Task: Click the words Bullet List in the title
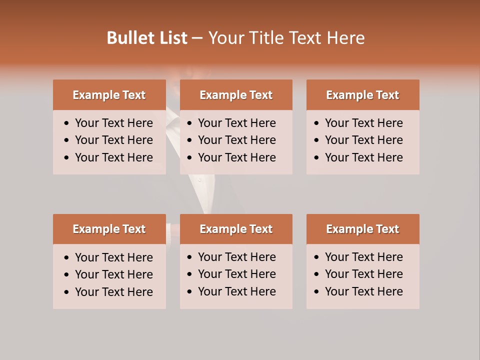tap(147, 38)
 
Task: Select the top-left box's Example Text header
tap(109, 95)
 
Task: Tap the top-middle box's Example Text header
tap(236, 95)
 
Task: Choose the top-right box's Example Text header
tap(362, 95)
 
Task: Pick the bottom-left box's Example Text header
tap(109, 229)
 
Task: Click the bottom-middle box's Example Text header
tap(236, 229)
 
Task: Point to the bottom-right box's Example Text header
tap(362, 229)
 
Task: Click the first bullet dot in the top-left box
tap(67, 123)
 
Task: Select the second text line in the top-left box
tap(113, 140)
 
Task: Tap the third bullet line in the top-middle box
tap(236, 157)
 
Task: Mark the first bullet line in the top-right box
tap(363, 123)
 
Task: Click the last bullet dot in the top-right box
tap(317, 158)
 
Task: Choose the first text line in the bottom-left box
tap(113, 257)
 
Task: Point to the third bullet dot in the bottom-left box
tap(67, 292)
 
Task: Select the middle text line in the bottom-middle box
tap(236, 274)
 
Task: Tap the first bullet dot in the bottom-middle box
tap(190, 257)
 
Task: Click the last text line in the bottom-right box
tap(363, 291)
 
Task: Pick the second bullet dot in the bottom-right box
tap(317, 274)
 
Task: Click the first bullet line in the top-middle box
tap(236, 123)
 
